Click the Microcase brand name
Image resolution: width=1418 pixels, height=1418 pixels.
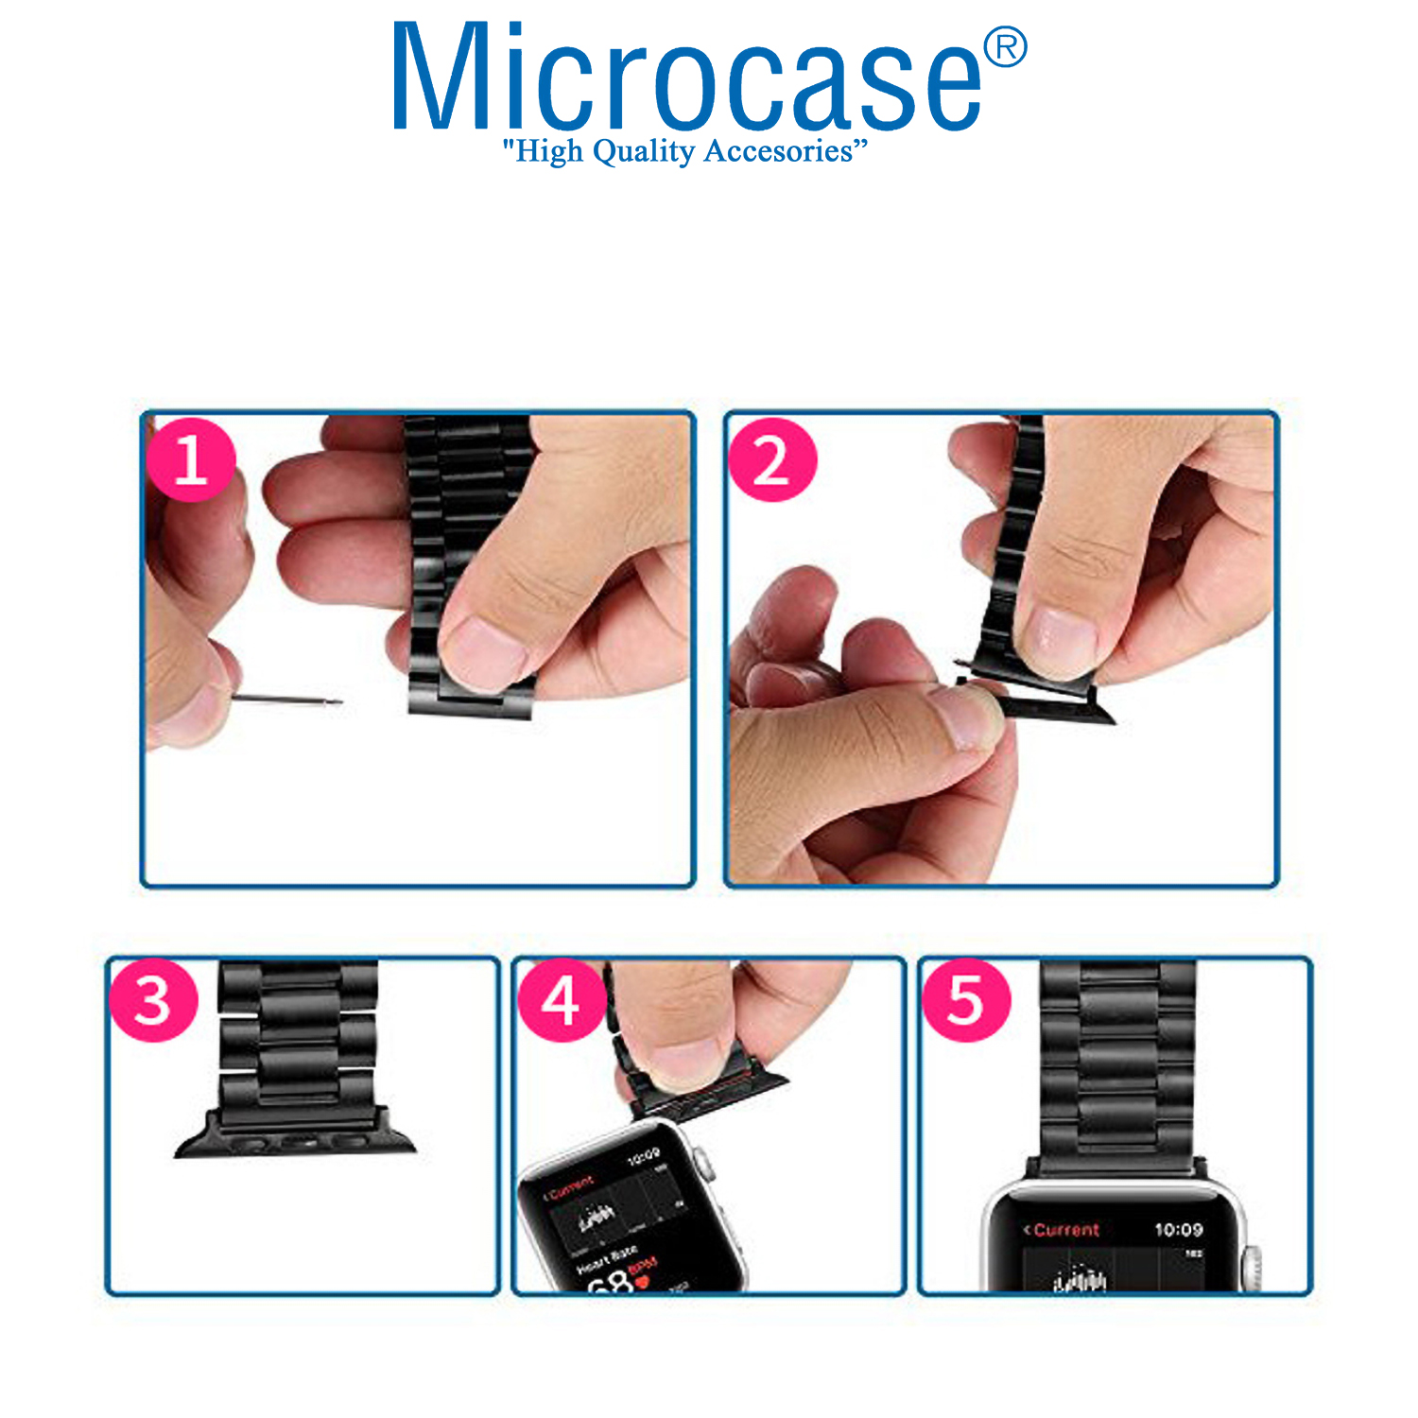coord(687,78)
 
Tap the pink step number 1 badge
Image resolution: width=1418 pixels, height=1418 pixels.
coord(191,460)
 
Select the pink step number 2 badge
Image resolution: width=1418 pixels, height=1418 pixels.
coord(772,460)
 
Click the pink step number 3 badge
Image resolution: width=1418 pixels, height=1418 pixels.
coord(153,1000)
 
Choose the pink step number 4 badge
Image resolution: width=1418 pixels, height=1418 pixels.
coord(561,1000)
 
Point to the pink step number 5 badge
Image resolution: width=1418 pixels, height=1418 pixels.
coord(965,1000)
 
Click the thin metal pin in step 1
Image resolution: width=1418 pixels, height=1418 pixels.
coord(286,700)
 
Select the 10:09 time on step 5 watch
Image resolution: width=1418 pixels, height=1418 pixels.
coord(1178,1230)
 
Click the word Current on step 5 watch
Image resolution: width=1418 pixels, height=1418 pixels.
coord(1065,1230)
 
